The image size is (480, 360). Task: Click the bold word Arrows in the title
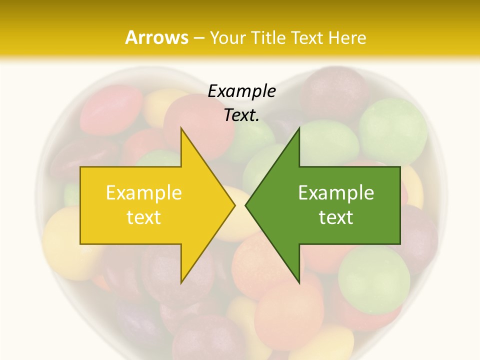coord(156,37)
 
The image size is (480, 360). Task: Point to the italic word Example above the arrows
coord(241,91)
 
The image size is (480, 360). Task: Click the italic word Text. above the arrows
coord(241,115)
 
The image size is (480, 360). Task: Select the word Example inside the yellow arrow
coord(144,192)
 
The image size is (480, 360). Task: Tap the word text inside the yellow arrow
coord(144,217)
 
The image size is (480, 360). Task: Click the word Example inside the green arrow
coord(336,192)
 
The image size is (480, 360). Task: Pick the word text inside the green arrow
coord(336,217)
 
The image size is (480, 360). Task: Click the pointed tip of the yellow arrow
coord(234,205)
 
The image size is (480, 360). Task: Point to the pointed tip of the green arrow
coord(245,205)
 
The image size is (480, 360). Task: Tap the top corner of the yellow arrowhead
coord(181,128)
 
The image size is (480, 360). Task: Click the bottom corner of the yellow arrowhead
coord(181,283)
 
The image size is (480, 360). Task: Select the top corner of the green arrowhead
coord(299,128)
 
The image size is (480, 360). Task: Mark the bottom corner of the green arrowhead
coord(299,283)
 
